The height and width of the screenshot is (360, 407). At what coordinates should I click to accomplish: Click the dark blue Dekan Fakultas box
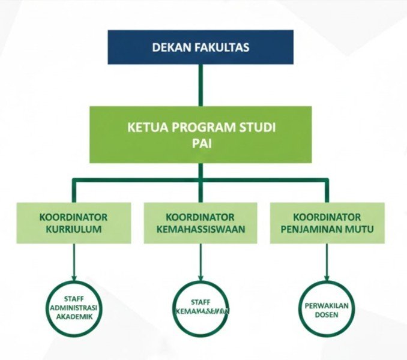(201, 47)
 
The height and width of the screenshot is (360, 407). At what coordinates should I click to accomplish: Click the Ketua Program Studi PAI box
(200, 134)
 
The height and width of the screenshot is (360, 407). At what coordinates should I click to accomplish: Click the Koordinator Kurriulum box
(74, 223)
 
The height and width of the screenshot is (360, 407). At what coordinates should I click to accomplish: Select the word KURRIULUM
(74, 229)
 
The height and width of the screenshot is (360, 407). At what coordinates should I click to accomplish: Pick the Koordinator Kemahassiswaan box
(200, 223)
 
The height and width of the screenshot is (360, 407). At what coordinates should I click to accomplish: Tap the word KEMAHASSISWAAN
(200, 229)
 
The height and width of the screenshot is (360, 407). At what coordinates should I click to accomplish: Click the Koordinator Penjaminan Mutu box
(327, 223)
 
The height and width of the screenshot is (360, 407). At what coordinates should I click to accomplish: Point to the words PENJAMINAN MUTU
(327, 229)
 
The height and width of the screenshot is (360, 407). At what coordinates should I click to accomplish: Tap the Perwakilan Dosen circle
(327, 308)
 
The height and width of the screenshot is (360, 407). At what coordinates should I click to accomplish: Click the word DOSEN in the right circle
(327, 314)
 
